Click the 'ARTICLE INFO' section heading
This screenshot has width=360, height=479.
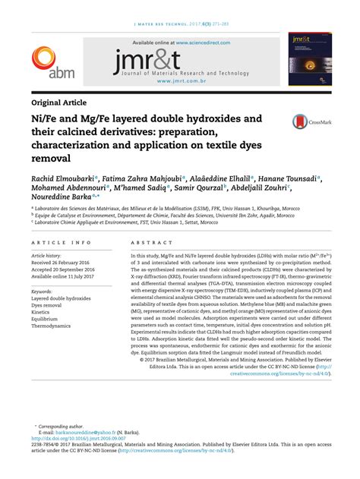(61, 242)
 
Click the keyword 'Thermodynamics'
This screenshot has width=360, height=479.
(55, 325)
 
